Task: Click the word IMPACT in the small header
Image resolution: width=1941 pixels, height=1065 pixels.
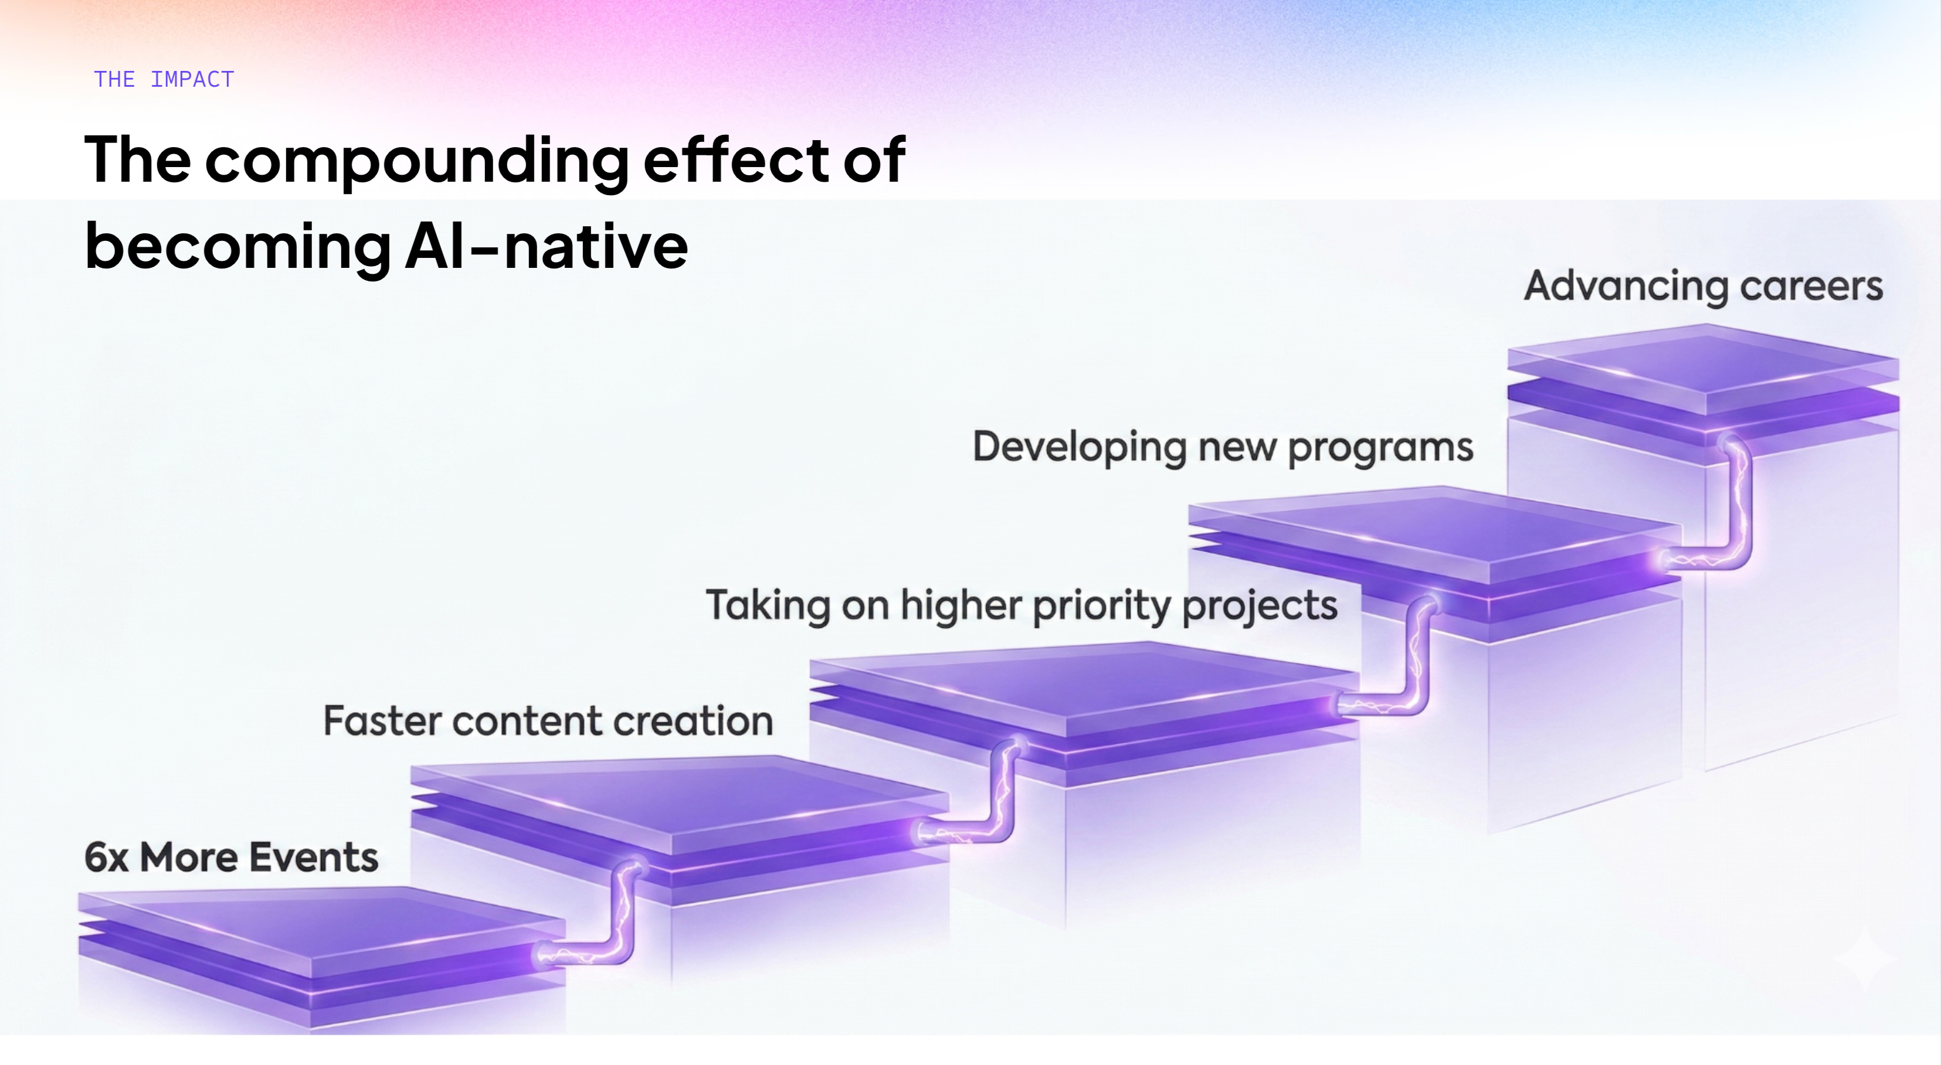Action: [x=192, y=79]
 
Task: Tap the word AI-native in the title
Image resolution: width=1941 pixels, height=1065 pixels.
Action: [x=547, y=246]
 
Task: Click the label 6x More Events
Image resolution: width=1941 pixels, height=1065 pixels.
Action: [x=230, y=857]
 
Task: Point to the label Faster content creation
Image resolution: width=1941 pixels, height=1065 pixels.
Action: [x=548, y=721]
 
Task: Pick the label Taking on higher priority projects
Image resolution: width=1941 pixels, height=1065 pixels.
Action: [x=1021, y=605]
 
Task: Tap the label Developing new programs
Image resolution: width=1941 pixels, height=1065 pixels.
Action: [x=1222, y=447]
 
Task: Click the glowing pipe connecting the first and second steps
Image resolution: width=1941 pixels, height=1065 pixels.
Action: [x=622, y=915]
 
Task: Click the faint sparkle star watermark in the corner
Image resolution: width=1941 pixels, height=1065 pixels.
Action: [x=1864, y=959]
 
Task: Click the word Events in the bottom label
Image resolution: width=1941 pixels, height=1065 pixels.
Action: [x=314, y=857]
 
